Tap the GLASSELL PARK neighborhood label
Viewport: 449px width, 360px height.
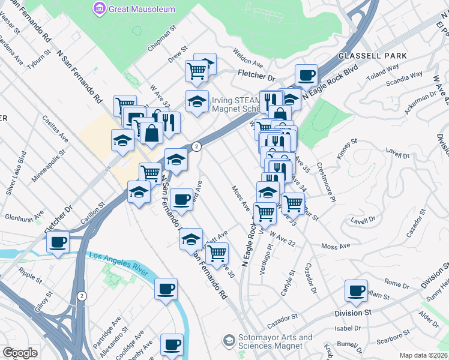(x=372, y=56)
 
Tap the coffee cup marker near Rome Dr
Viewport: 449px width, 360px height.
(x=355, y=291)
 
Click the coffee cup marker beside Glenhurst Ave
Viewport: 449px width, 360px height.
(x=58, y=243)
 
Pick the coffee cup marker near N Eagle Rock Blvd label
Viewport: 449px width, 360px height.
(x=306, y=76)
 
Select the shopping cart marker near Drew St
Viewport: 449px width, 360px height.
(x=197, y=71)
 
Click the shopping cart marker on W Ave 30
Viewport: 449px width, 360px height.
(x=217, y=253)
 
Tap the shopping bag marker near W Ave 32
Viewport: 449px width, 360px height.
(x=152, y=133)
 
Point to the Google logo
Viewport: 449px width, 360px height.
(x=20, y=353)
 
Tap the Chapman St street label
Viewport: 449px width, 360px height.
(x=162, y=37)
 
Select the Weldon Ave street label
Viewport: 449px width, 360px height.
(x=249, y=58)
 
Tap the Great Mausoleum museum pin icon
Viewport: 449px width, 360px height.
(x=98, y=9)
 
